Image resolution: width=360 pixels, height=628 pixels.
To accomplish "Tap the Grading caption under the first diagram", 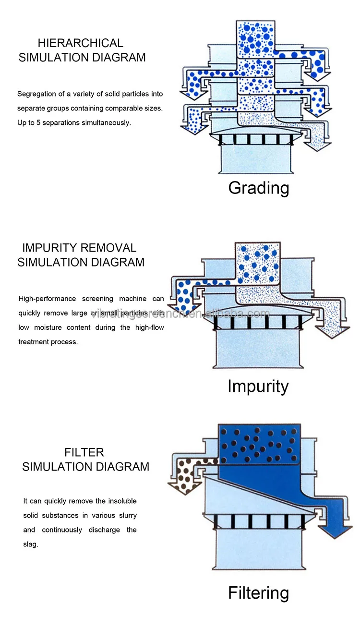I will pyautogui.click(x=259, y=187).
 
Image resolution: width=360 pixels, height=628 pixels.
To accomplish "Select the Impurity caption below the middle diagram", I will pyautogui.click(x=258, y=386).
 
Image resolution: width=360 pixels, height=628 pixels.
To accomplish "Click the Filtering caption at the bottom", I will pyautogui.click(x=258, y=593).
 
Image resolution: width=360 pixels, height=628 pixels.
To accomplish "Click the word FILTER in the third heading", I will pyautogui.click(x=84, y=452).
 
